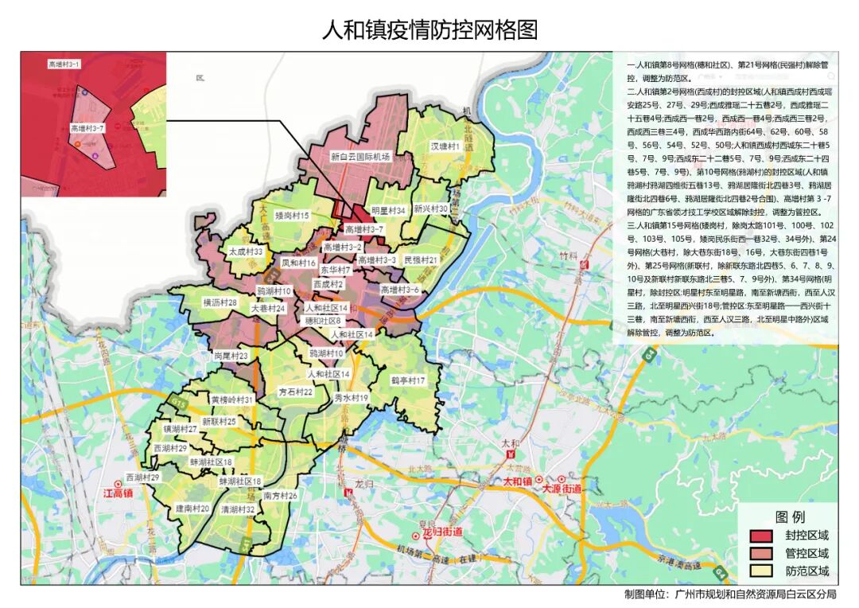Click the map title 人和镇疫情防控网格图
(429, 29)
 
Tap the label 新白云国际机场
(360, 158)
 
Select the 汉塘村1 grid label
(446, 147)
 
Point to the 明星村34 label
(389, 211)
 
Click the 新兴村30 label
(432, 209)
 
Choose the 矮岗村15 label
(292, 216)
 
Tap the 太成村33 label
(246, 251)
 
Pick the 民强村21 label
(421, 260)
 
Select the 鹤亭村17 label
(408, 381)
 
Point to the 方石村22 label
(295, 392)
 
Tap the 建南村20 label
(192, 509)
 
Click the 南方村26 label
(280, 496)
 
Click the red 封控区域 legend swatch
(761, 536)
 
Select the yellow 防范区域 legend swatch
(761, 571)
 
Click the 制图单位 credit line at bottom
(730, 594)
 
